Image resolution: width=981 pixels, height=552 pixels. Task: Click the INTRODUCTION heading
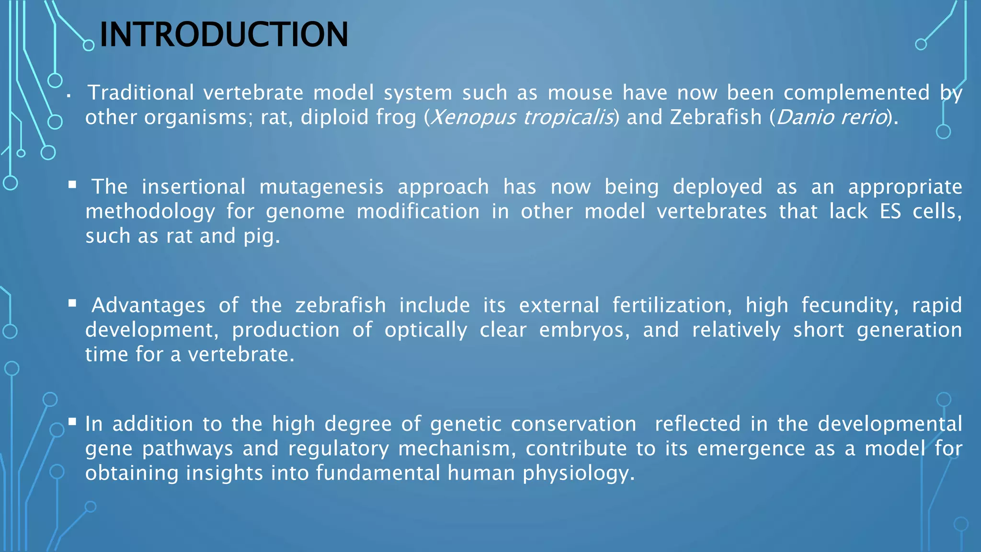(x=223, y=34)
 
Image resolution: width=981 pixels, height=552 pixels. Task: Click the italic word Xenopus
(x=472, y=117)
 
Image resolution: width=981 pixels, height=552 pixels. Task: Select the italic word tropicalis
(x=568, y=117)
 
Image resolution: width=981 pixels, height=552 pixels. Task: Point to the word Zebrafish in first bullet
(x=716, y=117)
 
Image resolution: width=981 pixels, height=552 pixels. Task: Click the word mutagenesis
(x=321, y=187)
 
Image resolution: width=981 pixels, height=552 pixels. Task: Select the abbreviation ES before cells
(x=890, y=211)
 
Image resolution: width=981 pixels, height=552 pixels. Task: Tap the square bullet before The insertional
(x=72, y=185)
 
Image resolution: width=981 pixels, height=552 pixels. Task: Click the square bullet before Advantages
(x=72, y=303)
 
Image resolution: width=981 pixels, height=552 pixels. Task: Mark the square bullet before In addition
(x=72, y=422)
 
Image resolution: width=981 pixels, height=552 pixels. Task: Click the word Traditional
(x=141, y=93)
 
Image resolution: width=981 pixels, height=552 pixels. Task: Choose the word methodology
(x=150, y=211)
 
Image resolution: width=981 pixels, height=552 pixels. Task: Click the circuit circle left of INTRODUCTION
(x=89, y=46)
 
